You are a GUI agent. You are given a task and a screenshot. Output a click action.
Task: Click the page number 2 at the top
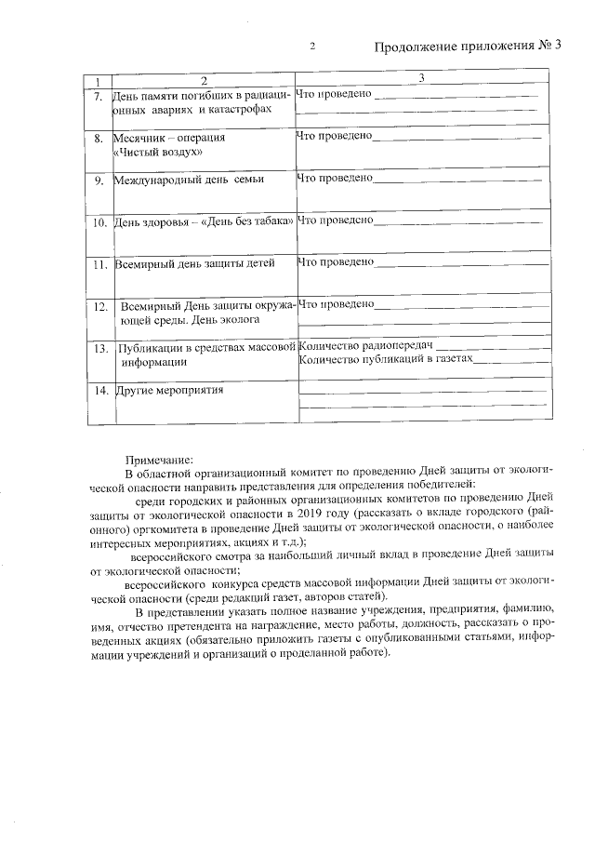312,47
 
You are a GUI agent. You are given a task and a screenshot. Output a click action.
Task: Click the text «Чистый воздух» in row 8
156,151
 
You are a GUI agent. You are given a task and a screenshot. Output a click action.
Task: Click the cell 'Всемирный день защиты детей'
194,263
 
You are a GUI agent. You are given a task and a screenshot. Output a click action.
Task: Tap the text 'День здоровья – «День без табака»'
204,221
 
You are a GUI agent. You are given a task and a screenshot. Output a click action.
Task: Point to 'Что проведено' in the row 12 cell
337,304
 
